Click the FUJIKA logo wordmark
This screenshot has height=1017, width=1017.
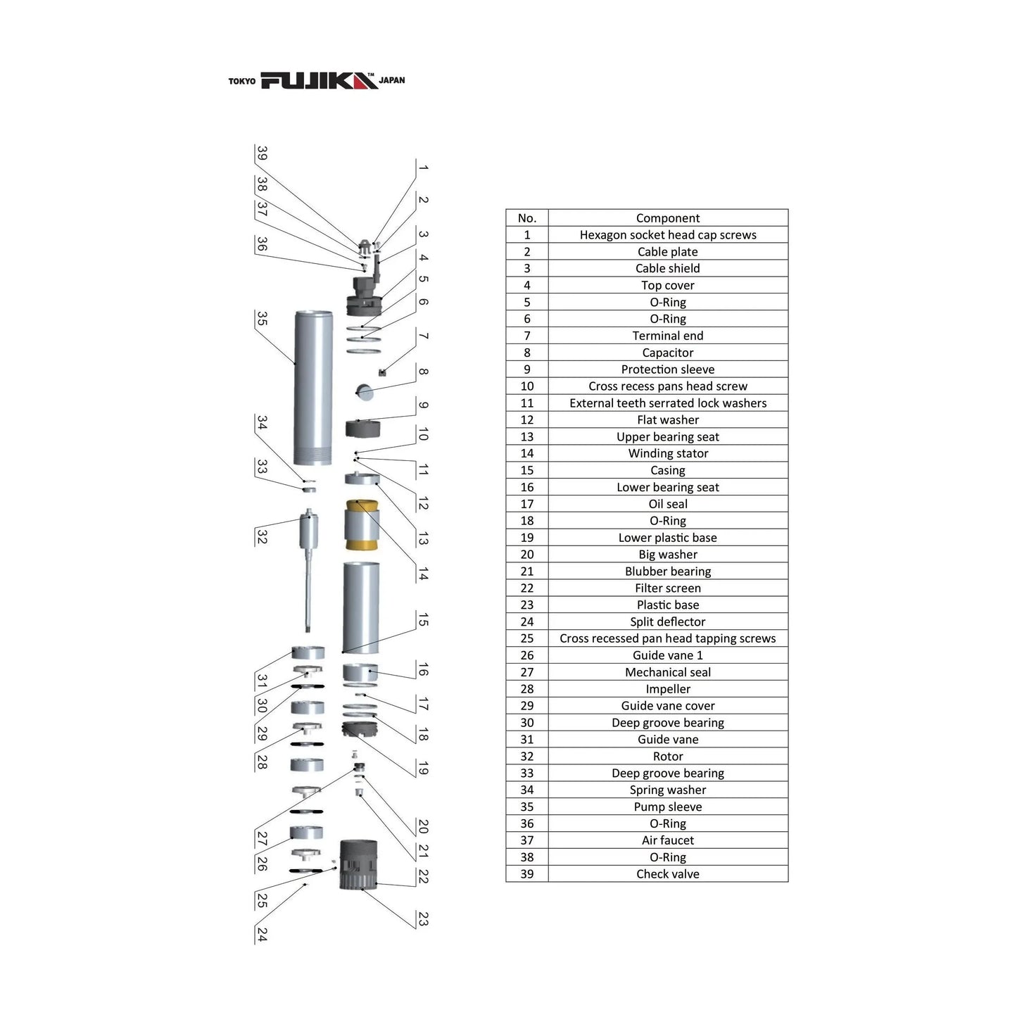tap(319, 81)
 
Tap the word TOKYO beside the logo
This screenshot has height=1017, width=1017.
tap(241, 81)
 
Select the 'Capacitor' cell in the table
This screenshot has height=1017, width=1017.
tap(667, 353)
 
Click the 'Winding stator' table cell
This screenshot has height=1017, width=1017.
tap(667, 453)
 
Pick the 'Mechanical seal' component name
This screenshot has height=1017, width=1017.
tap(667, 672)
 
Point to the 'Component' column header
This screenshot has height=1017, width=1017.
tap(667, 218)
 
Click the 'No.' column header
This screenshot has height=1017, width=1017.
tap(526, 218)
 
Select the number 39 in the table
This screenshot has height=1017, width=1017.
tap(526, 873)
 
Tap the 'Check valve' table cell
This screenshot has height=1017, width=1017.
tap(667, 873)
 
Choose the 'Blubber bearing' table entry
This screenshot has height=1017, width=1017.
tap(667, 571)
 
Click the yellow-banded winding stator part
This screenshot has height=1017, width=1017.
tap(362, 525)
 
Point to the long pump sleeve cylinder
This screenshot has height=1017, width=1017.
tap(313, 388)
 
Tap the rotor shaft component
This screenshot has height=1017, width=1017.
tap(309, 570)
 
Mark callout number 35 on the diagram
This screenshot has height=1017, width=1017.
tap(262, 318)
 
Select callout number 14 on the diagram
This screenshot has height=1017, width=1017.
tap(423, 574)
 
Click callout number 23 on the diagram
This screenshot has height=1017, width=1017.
tap(423, 918)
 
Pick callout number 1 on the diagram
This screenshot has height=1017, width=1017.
tap(423, 168)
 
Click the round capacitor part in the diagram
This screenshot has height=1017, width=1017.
tap(365, 391)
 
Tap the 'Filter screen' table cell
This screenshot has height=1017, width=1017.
tap(667, 588)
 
